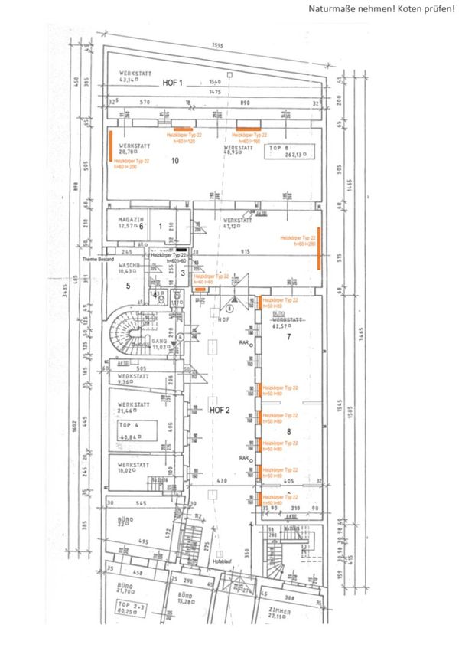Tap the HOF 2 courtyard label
[x=220, y=411]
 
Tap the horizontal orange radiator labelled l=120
[x=182, y=128]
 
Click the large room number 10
[x=174, y=162]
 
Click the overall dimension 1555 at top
[x=218, y=46]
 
